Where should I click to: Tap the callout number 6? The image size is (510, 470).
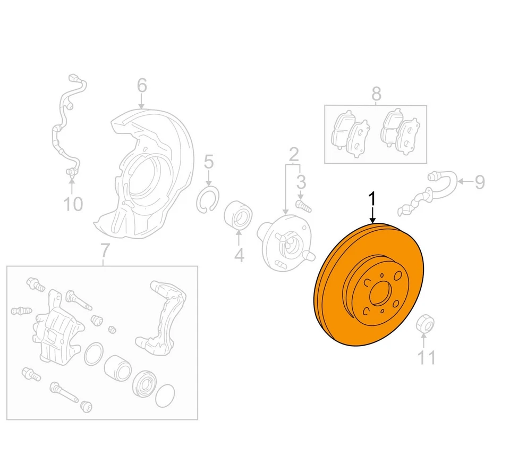(142, 86)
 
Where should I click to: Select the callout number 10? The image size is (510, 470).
(74, 204)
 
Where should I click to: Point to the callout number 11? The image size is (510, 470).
(426, 358)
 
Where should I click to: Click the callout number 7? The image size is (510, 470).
(104, 249)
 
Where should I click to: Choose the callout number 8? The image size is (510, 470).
(376, 94)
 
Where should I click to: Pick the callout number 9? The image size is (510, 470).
(480, 183)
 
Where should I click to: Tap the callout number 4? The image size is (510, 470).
(239, 256)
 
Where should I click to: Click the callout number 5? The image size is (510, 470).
(209, 161)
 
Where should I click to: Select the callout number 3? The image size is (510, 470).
(301, 182)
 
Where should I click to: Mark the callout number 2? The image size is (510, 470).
(294, 155)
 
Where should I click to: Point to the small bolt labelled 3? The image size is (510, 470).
(301, 205)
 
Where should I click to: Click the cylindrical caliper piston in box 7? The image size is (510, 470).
(117, 367)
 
